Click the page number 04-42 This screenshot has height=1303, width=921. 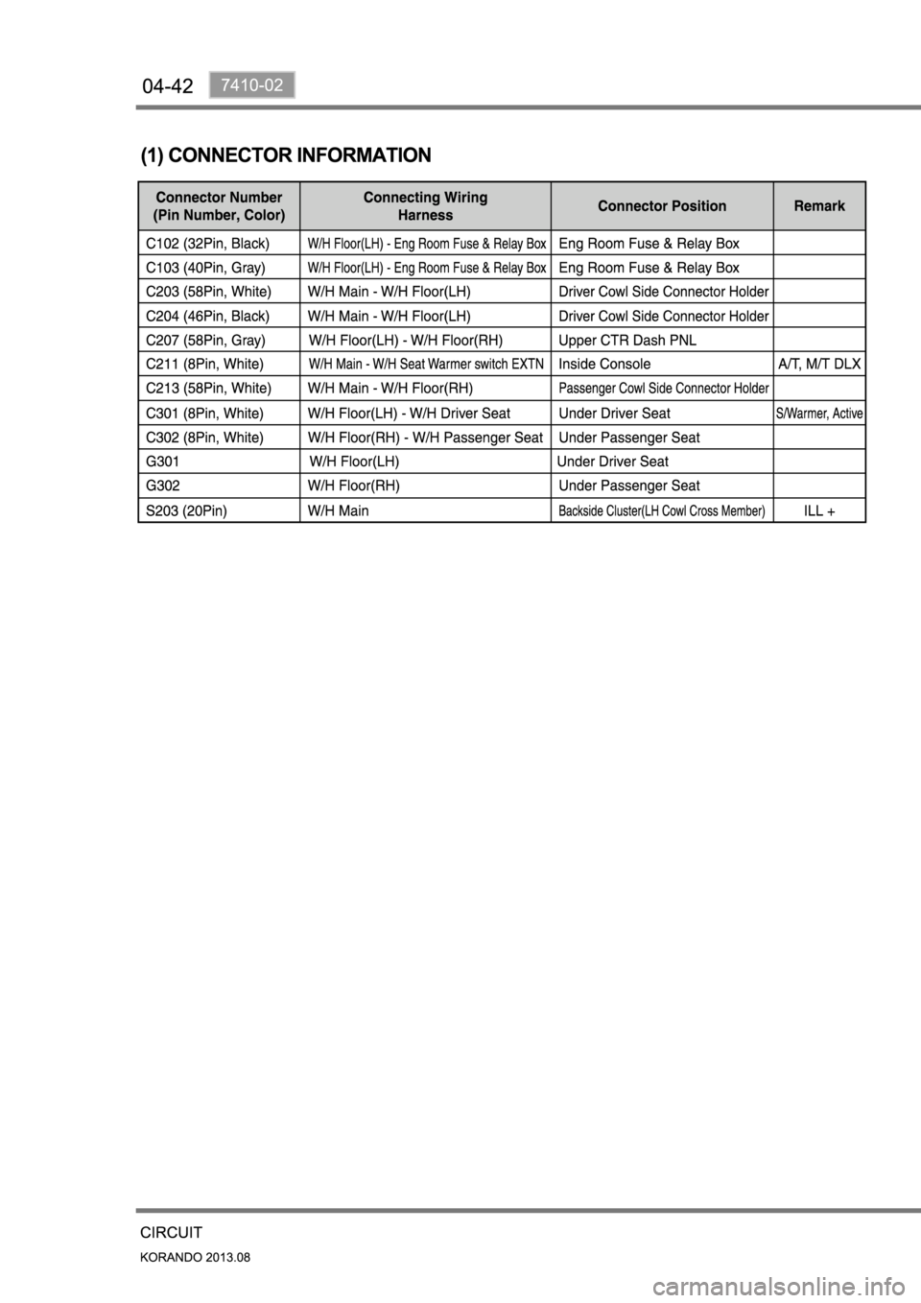click(168, 86)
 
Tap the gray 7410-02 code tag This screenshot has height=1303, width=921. click(251, 85)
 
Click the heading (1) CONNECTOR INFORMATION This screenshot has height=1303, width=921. click(286, 154)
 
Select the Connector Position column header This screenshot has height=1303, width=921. click(662, 206)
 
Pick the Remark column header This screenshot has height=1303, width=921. click(819, 206)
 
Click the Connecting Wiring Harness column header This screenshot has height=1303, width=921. click(425, 206)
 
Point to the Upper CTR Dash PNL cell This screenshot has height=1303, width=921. click(627, 340)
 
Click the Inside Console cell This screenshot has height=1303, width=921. click(604, 365)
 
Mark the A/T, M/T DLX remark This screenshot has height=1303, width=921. click(819, 365)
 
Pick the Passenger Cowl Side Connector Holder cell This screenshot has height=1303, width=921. click(664, 389)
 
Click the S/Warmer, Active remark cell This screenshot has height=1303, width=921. click(819, 414)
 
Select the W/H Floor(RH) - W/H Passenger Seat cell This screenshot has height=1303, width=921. click(425, 438)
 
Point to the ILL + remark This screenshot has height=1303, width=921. click(819, 510)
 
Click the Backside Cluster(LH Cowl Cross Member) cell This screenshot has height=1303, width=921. click(662, 510)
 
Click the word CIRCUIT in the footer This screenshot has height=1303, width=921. click(171, 1232)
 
